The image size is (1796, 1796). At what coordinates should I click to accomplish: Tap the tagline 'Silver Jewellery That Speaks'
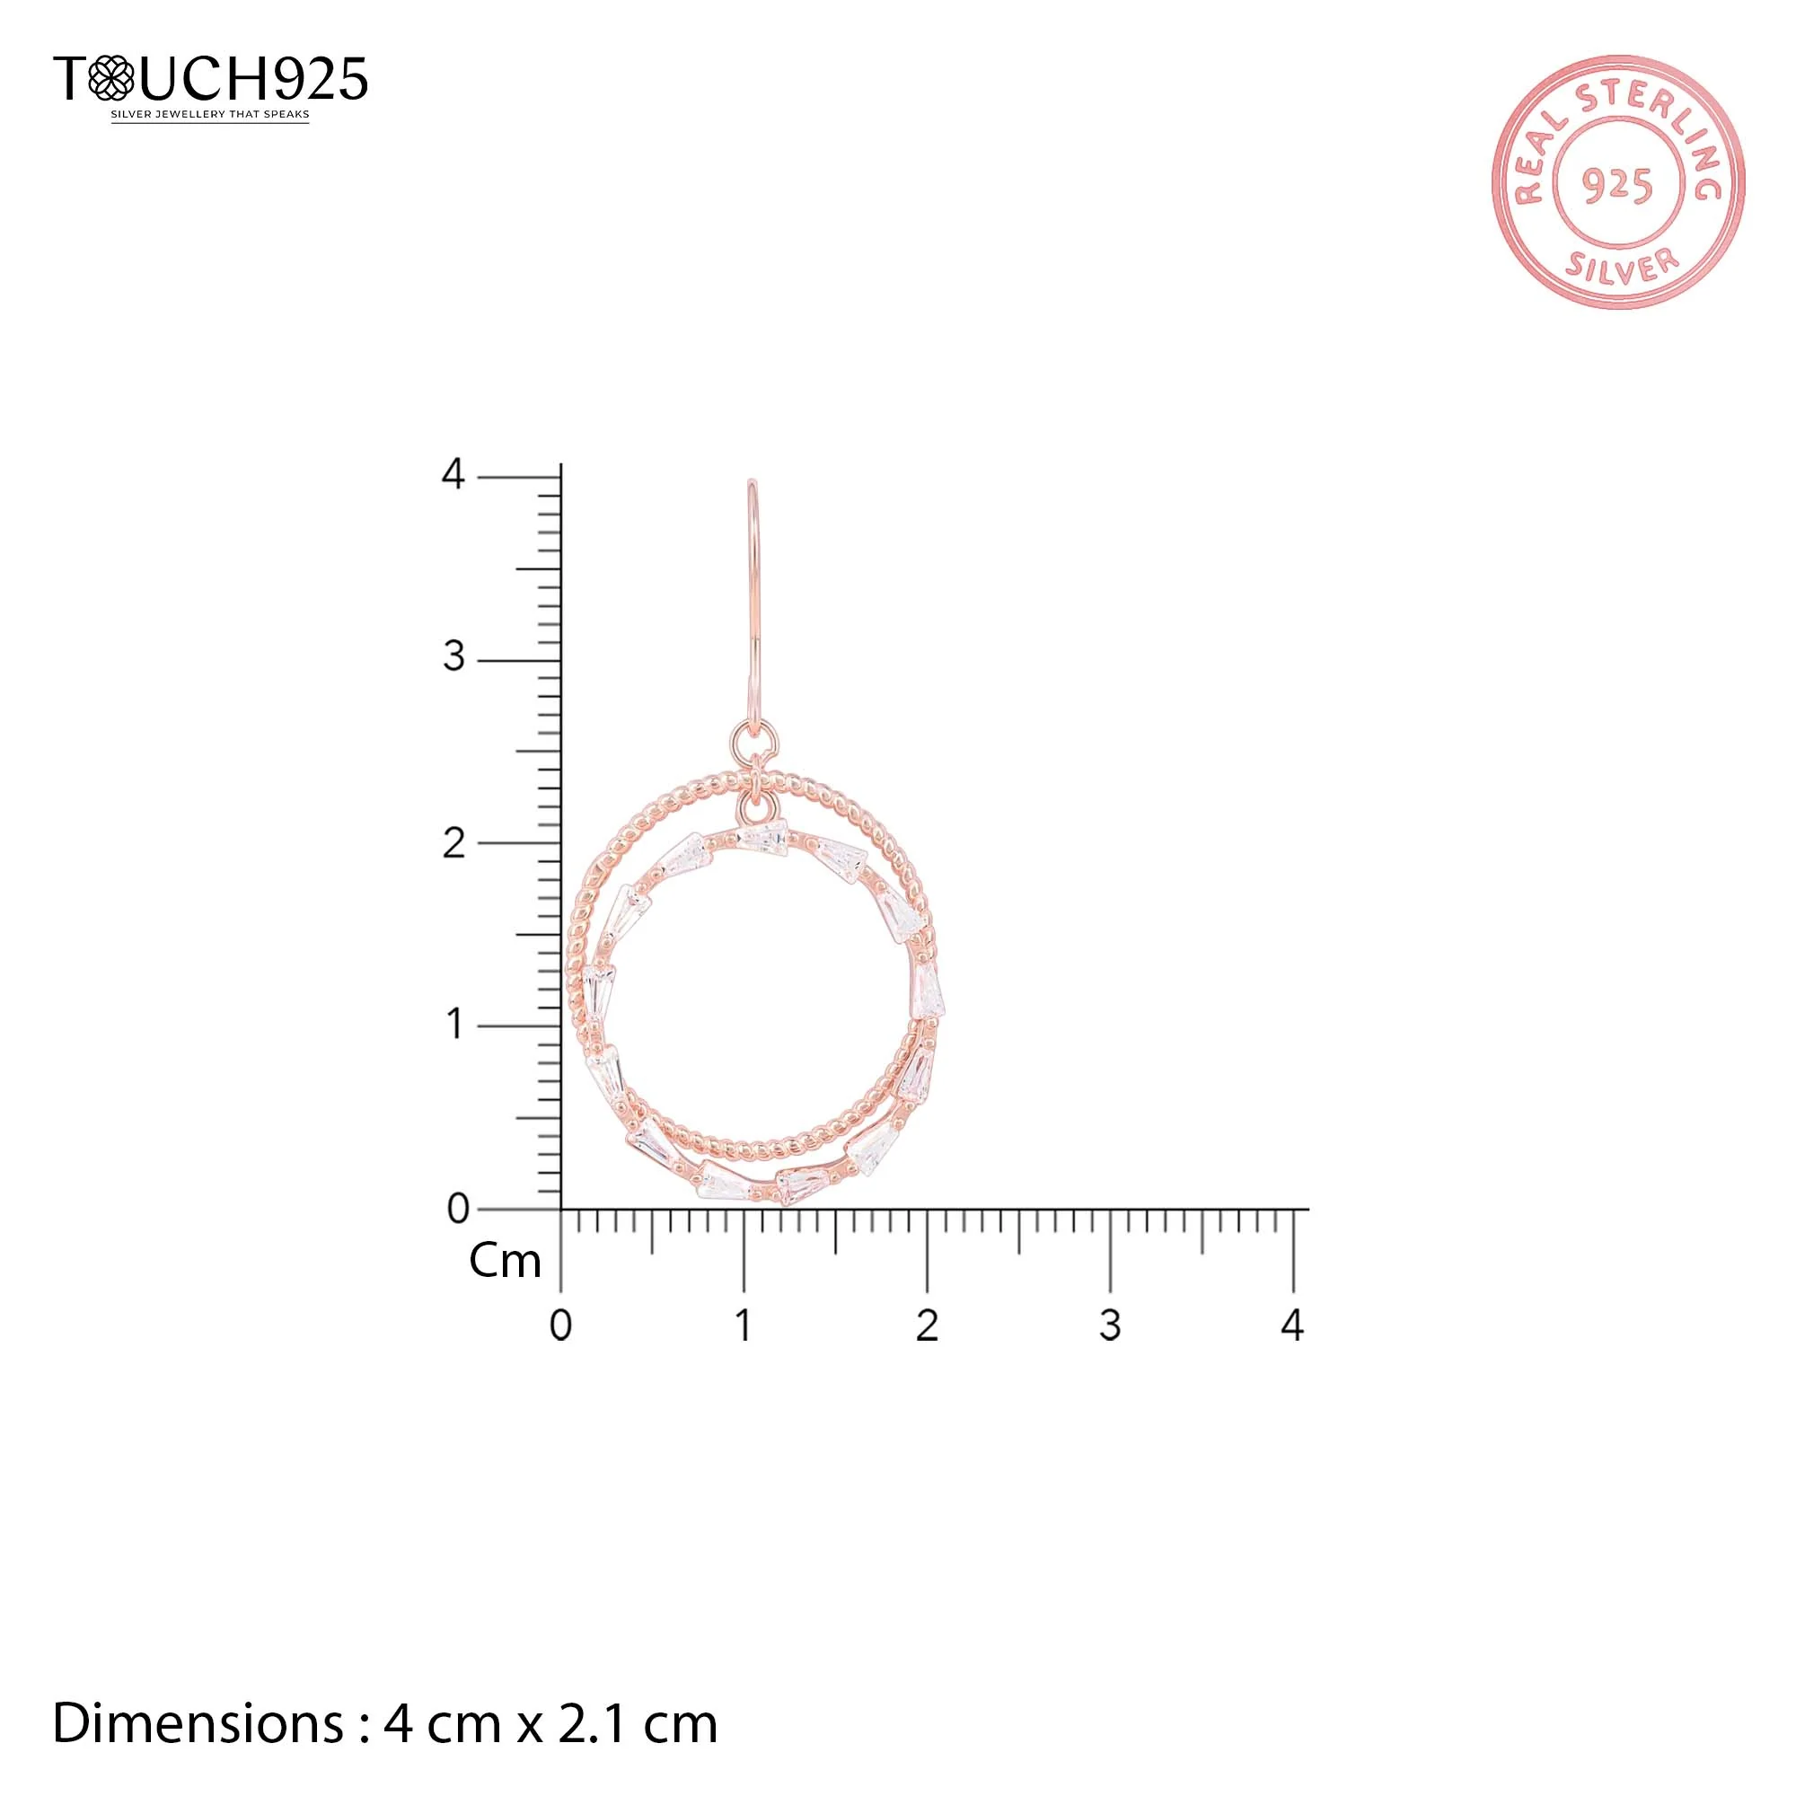click(x=210, y=115)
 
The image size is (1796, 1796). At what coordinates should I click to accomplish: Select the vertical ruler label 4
click(x=453, y=474)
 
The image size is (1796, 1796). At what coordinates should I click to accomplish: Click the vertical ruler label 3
click(x=453, y=657)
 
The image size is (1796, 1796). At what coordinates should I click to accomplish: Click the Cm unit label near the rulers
click(x=505, y=1262)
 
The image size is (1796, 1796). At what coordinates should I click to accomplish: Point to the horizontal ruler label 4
click(x=1292, y=1325)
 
